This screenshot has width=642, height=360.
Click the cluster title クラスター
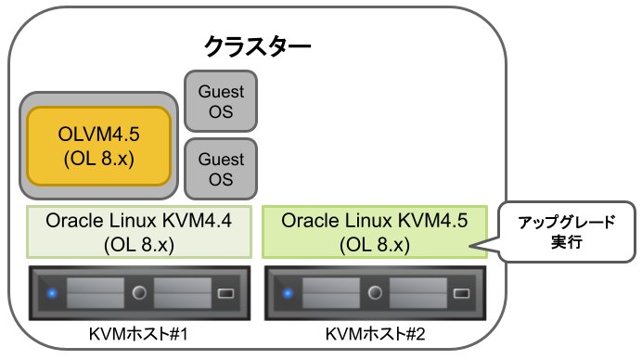[257, 45]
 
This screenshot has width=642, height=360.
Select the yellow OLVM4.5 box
[99, 147]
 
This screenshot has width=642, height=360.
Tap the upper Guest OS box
[221, 102]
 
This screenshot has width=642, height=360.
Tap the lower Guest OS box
[221, 169]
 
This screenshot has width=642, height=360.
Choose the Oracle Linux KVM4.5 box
[374, 233]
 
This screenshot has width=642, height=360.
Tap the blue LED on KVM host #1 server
[52, 294]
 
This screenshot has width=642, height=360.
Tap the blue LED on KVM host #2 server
[288, 294]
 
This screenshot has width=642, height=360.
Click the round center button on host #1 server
[140, 294]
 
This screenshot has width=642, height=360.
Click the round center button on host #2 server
[376, 294]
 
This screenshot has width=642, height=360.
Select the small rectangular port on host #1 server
[225, 294]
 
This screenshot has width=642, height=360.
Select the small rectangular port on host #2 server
[461, 294]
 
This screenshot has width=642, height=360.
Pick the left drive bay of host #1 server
[95, 294]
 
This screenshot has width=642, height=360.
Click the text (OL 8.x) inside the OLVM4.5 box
[99, 159]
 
